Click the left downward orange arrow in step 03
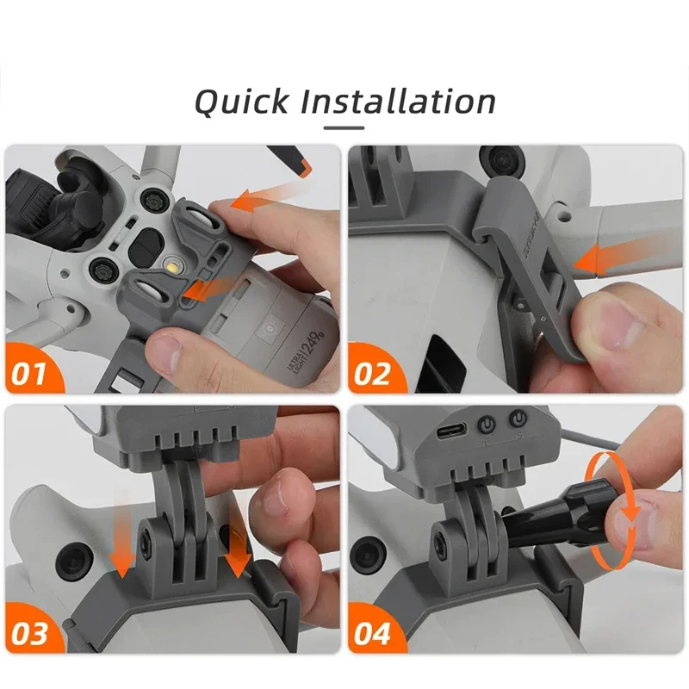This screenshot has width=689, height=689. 122,552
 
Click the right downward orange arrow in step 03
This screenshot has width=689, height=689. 237,552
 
